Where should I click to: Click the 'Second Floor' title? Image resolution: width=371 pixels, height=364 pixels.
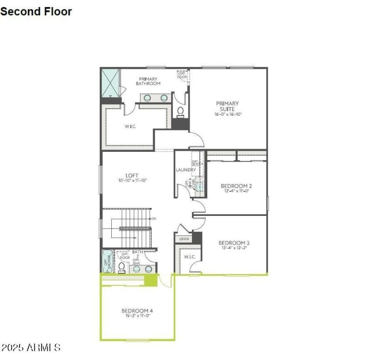[36, 12]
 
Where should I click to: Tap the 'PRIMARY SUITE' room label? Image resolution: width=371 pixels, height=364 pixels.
[227, 106]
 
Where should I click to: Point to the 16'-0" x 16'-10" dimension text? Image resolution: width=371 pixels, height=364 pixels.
[228, 114]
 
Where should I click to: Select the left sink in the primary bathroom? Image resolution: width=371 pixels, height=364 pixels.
[148, 98]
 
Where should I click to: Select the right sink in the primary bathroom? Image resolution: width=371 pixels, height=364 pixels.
[164, 98]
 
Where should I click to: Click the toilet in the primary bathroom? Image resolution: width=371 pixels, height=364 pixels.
[180, 112]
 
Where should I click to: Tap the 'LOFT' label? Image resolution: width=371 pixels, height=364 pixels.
[132, 175]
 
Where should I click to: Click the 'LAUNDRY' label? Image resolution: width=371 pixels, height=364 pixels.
[185, 170]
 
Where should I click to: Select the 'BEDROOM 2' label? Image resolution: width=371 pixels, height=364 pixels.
[236, 186]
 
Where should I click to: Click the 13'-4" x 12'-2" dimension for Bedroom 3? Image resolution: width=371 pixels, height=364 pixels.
[234, 248]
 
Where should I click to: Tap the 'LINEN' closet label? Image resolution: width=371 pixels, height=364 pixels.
[183, 239]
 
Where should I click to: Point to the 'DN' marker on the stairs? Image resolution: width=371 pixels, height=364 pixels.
[154, 218]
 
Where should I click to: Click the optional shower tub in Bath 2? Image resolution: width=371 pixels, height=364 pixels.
[107, 262]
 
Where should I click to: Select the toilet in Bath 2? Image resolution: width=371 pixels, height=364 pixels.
[122, 267]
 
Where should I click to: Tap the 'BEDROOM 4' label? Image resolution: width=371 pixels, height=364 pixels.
[137, 311]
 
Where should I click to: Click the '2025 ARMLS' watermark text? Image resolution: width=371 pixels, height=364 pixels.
[31, 347]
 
